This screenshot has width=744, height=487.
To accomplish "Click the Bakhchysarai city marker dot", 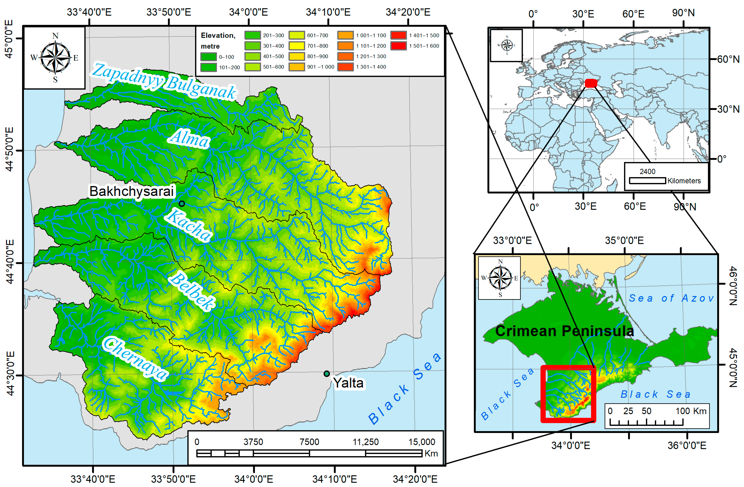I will [x=182, y=204].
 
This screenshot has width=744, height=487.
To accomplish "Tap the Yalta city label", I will [x=349, y=383].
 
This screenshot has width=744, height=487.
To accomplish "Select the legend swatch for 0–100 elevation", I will [x=208, y=57].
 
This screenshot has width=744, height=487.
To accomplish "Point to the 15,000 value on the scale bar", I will [x=422, y=442].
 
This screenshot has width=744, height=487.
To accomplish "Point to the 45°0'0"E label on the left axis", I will [x=9, y=39].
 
